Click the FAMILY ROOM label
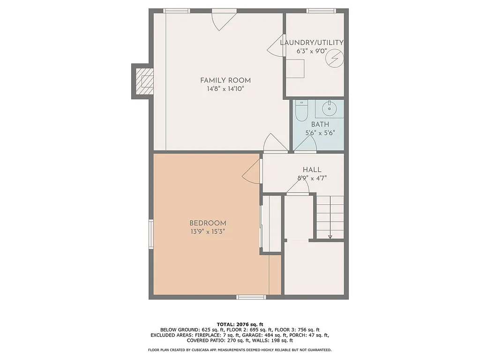(x=225, y=80)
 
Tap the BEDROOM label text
(x=208, y=223)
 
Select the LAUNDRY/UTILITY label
(x=312, y=43)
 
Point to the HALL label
(x=312, y=170)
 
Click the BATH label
(x=320, y=125)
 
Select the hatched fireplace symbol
(x=144, y=81)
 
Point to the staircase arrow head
(x=330, y=237)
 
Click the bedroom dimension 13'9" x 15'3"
(x=208, y=232)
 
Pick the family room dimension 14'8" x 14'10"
(x=225, y=89)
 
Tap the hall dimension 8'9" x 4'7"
(x=312, y=178)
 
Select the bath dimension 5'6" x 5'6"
(x=320, y=133)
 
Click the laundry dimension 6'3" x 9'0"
(x=312, y=51)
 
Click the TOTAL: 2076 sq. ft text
(x=240, y=324)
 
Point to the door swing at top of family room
(x=221, y=19)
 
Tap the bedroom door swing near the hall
(x=252, y=172)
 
